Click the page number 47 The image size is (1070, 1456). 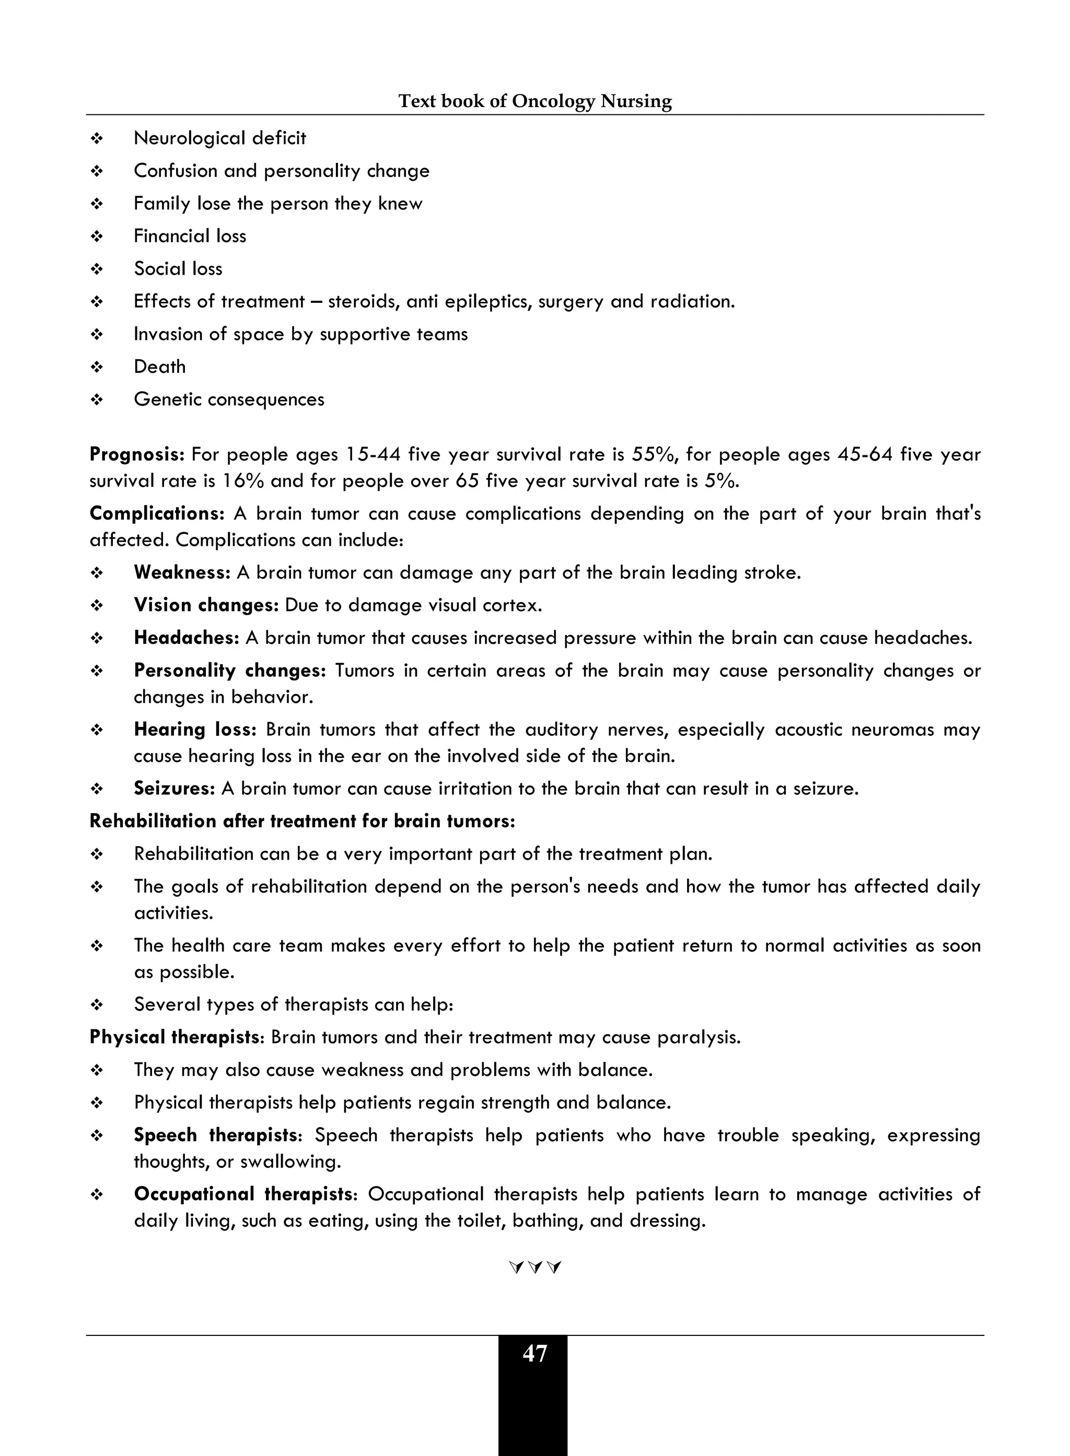[534, 1354]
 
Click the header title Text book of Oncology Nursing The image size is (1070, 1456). [534, 101]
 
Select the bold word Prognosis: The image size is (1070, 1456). [137, 454]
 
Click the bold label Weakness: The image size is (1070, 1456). [182, 573]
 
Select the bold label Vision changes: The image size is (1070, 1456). [206, 605]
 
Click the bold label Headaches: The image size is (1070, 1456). [187, 638]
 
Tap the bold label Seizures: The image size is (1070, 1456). [174, 789]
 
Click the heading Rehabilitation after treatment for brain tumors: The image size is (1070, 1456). [303, 821]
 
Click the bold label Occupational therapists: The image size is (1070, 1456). [246, 1194]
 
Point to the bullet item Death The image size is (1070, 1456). [159, 367]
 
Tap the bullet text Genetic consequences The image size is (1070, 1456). [229, 400]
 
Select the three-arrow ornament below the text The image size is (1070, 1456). [535, 1267]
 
